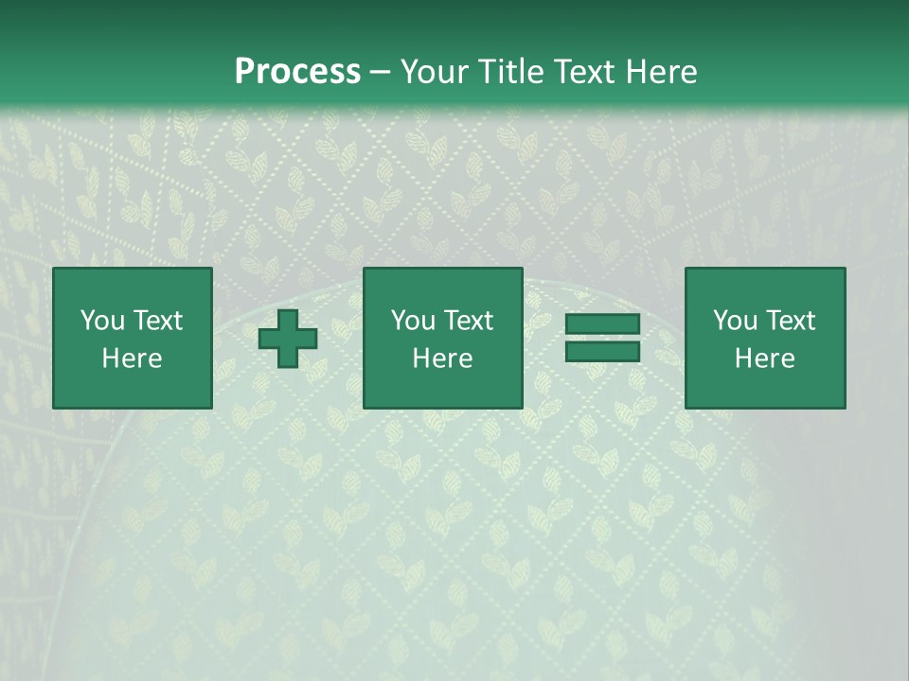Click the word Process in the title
[x=297, y=72]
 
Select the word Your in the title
[x=432, y=72]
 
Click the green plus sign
[x=288, y=339]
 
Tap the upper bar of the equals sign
[x=602, y=324]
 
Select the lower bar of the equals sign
[x=602, y=351]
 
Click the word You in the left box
[x=102, y=321]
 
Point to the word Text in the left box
[x=157, y=321]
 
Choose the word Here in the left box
[x=132, y=358]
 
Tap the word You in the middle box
[x=413, y=321]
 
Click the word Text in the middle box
[x=468, y=321]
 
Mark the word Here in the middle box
[x=442, y=358]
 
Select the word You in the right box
[x=735, y=321]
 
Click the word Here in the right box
[x=764, y=358]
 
